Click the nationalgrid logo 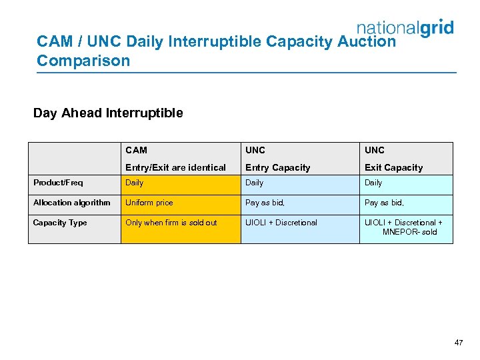pyautogui.click(x=405, y=27)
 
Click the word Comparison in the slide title pyautogui.click(x=83, y=61)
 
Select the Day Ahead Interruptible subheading pyautogui.click(x=108, y=113)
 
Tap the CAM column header pyautogui.click(x=136, y=150)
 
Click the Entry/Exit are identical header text pyautogui.click(x=175, y=167)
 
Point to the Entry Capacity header pyautogui.click(x=277, y=167)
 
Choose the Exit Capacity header pyautogui.click(x=393, y=167)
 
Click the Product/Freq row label pyautogui.click(x=58, y=183)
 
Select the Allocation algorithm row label pyautogui.click(x=71, y=203)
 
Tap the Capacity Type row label pyautogui.click(x=60, y=223)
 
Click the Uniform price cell pyautogui.click(x=149, y=203)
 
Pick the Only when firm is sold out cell pyautogui.click(x=171, y=223)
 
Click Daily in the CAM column pyautogui.click(x=134, y=183)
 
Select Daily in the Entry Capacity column pyautogui.click(x=254, y=183)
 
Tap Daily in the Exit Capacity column pyautogui.click(x=373, y=183)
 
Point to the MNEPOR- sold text pyautogui.click(x=409, y=232)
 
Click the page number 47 pyautogui.click(x=458, y=343)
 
